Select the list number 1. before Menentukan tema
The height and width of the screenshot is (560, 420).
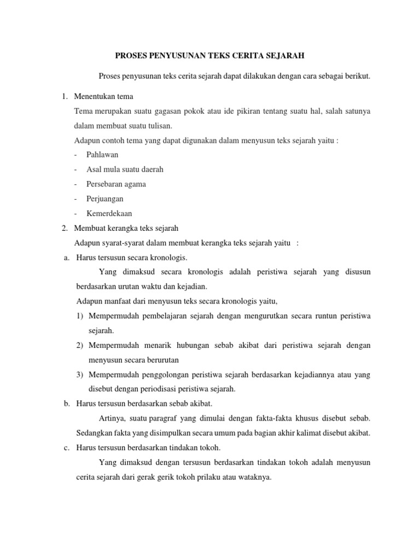coord(64,97)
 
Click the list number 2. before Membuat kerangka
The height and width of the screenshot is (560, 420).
coord(64,228)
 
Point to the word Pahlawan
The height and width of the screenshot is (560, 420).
coord(102,155)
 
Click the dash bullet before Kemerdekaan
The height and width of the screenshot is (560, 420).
coord(77,213)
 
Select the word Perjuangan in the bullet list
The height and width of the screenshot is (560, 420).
coord(105,199)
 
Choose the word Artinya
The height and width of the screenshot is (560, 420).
coord(113,418)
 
